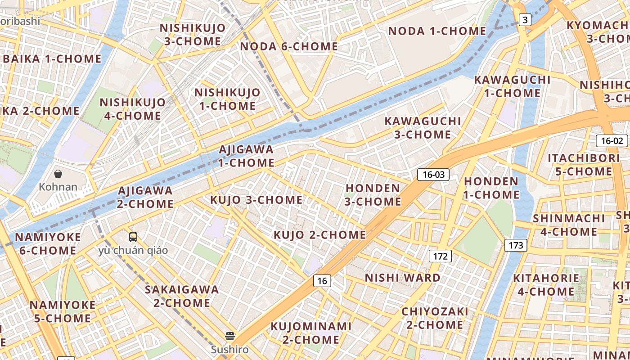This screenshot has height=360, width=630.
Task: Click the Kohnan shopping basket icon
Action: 58,174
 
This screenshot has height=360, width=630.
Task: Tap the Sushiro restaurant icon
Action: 230,336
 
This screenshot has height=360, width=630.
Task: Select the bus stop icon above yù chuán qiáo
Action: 133,237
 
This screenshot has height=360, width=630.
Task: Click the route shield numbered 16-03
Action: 433,175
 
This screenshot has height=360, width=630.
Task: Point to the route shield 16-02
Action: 612,140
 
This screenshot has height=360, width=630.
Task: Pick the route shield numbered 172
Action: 440,256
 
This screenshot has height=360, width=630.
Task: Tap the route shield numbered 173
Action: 516,245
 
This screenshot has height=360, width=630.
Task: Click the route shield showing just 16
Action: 322,281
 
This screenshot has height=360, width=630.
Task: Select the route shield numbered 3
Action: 525,20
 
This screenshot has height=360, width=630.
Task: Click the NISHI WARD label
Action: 403,278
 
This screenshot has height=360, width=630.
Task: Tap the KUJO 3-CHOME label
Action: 256,199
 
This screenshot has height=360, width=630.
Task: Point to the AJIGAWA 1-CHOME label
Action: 246,156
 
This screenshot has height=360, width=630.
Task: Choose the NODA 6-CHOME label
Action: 289,46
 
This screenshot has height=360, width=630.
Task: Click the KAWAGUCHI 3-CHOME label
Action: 423,128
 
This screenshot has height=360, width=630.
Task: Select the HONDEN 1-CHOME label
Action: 491,188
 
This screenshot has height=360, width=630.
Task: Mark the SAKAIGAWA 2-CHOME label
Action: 182,296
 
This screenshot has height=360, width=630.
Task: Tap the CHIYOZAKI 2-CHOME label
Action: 435,318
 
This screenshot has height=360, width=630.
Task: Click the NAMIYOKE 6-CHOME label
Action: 48,243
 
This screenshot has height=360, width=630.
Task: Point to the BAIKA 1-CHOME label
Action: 52,59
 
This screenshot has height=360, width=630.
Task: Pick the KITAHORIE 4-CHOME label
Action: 546,285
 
